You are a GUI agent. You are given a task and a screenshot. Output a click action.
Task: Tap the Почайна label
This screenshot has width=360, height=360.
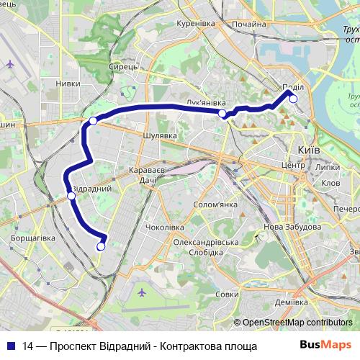pos(250,24)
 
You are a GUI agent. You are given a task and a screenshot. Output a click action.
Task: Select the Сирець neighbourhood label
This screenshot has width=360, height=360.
pos(122,66)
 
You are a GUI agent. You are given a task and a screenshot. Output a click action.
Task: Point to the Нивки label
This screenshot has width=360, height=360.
pos(68,84)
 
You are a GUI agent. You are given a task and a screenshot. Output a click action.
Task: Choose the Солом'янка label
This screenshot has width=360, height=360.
pos(215,204)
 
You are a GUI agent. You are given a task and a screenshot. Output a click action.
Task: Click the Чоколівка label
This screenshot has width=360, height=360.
pos(165,227)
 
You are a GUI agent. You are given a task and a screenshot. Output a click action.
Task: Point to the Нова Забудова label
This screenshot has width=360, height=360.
pos(292,227)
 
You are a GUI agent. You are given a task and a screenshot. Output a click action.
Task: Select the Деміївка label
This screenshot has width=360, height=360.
pos(292,303)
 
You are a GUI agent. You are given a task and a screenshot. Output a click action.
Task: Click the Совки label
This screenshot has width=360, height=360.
pos(227,294)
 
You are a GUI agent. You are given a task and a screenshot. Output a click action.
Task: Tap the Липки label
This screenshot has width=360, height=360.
pos(327,166)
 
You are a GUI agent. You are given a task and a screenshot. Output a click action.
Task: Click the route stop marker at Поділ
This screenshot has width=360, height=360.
pos(293,99)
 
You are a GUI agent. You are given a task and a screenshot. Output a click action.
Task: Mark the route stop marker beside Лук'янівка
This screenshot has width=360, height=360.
pos(222,114)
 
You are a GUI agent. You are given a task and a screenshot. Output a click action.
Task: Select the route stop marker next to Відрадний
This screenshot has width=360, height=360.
pos(71,195)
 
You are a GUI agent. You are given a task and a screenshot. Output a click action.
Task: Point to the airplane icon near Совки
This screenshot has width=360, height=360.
pos(141,292)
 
